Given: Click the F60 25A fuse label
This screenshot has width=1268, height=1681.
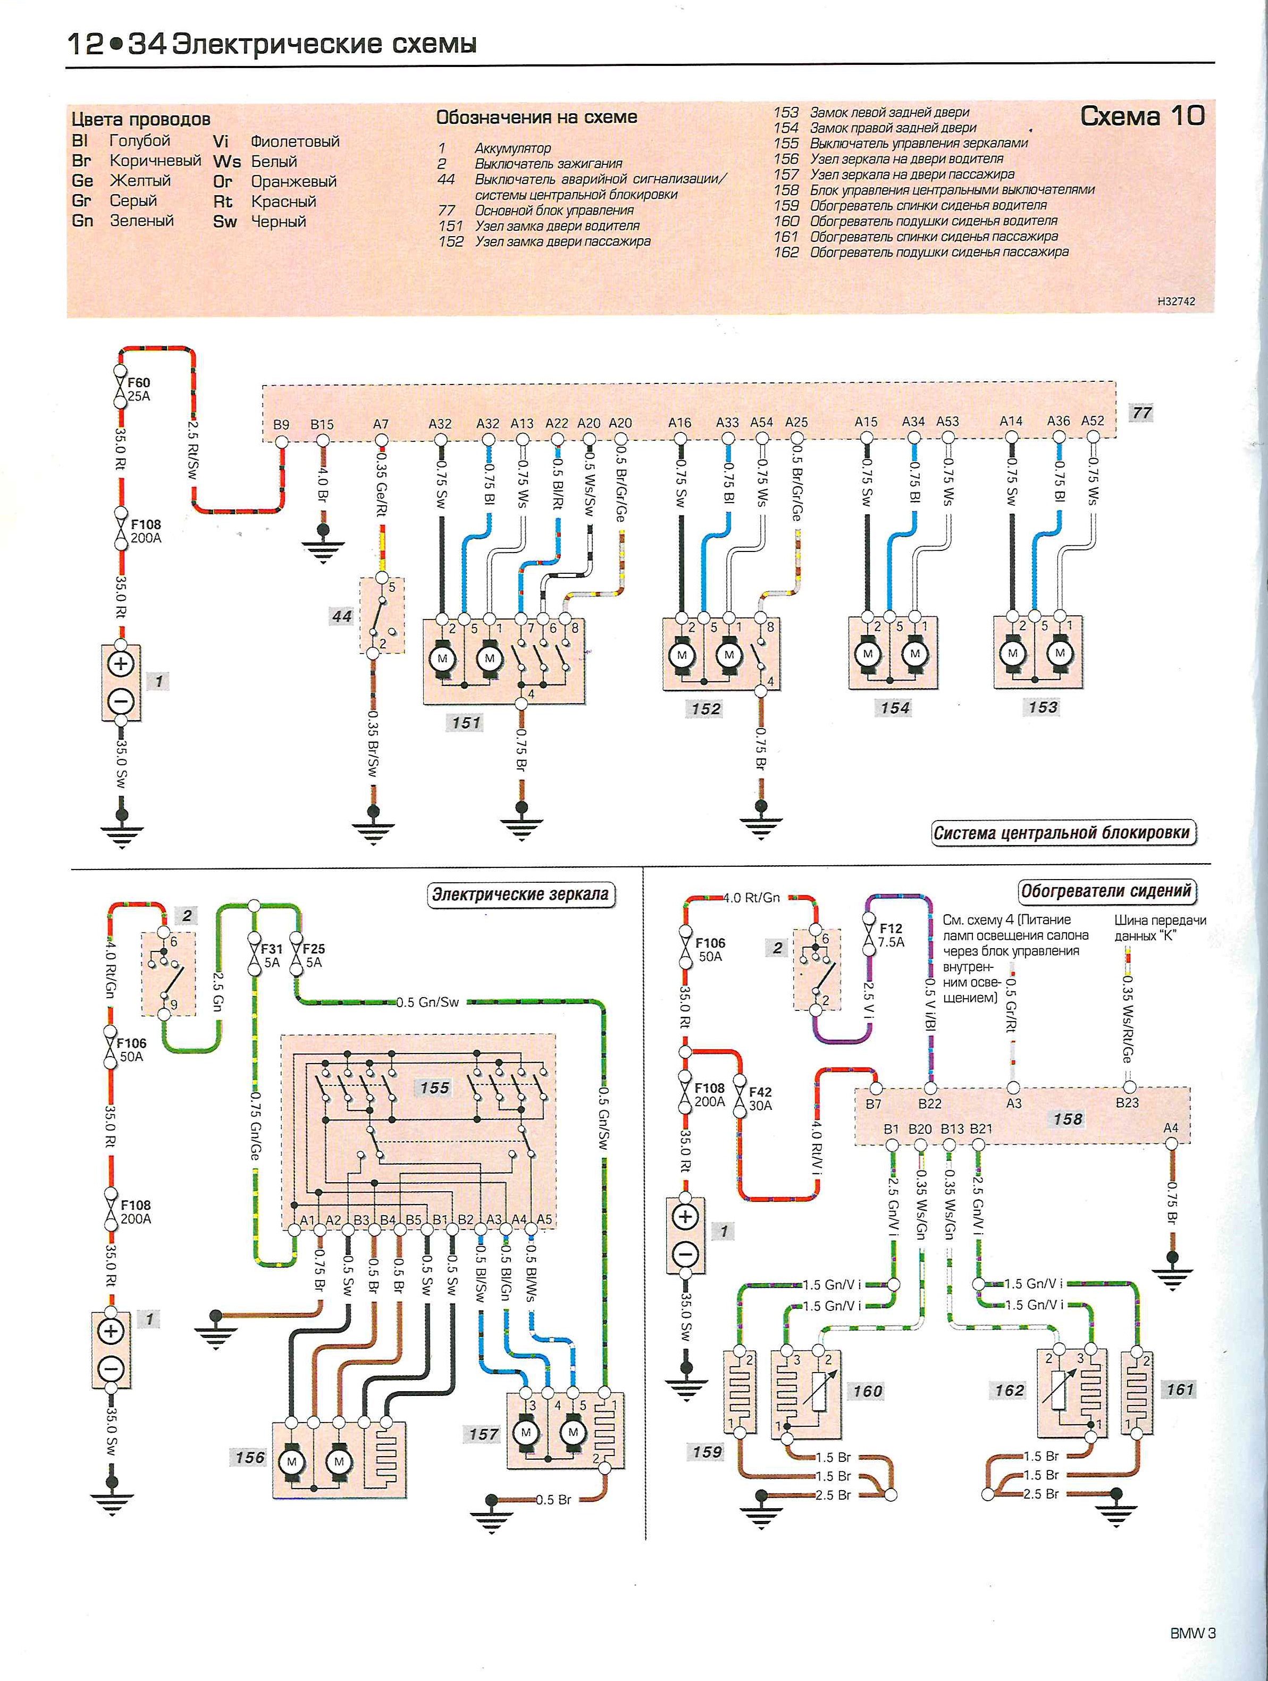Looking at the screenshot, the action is [x=139, y=389].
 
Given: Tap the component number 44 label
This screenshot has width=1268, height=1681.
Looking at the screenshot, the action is [x=342, y=616].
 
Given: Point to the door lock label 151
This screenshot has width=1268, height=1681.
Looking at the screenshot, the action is [x=466, y=723].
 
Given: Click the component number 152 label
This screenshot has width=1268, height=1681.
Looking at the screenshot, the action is [x=706, y=709].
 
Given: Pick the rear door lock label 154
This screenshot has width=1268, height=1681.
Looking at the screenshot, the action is [x=895, y=708].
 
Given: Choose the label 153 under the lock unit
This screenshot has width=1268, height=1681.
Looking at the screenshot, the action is [x=1043, y=707].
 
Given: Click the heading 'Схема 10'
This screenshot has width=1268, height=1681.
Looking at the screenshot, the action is [x=1143, y=116].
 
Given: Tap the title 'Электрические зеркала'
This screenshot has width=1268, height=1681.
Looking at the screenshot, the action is [x=520, y=894].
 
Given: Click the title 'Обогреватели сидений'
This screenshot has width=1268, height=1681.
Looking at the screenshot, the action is [x=1106, y=891].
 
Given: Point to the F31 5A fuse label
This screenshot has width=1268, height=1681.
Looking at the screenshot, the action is [x=271, y=955].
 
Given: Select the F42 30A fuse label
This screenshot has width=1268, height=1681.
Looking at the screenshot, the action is [x=760, y=1099].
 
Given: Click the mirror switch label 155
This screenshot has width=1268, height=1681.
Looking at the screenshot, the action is [x=434, y=1088].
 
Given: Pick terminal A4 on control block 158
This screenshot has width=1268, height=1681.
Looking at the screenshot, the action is [x=1171, y=1128].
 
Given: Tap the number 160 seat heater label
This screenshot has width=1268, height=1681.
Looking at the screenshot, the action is [x=868, y=1392].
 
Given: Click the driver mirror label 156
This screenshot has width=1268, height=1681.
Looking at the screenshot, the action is [x=250, y=1458].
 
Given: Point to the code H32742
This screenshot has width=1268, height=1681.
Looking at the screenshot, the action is [x=1176, y=302].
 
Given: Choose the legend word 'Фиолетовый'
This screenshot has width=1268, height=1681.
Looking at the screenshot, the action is [x=295, y=141].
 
